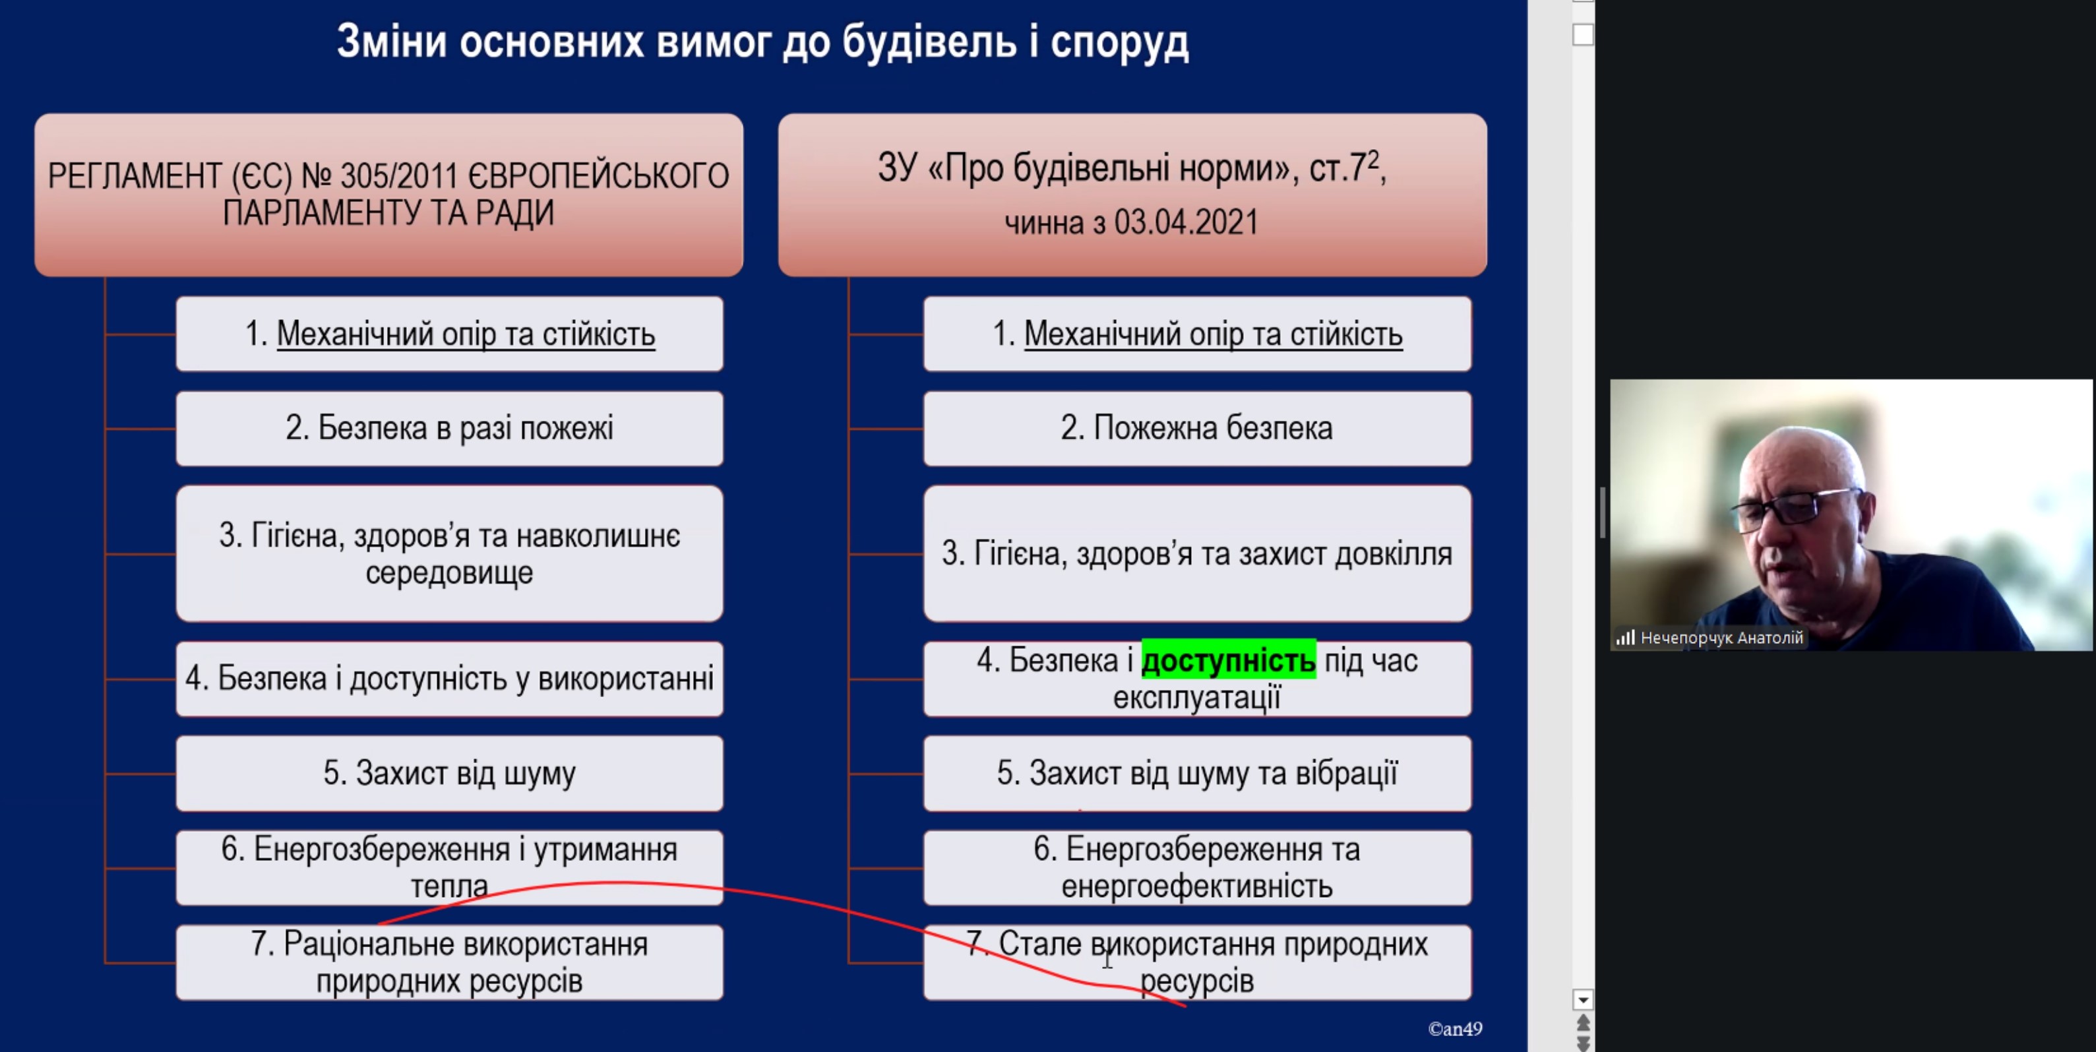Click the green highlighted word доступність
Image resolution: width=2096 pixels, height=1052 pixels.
point(1228,660)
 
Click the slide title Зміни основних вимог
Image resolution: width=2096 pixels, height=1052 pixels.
point(762,42)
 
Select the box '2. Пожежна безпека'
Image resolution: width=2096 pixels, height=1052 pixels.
point(1196,429)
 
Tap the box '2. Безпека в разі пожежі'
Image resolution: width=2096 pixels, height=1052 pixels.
point(449,429)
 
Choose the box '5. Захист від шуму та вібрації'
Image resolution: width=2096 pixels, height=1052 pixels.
point(1196,774)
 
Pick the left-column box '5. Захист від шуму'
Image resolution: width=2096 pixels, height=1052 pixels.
point(449,774)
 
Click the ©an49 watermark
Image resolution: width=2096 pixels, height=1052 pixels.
point(1455,1028)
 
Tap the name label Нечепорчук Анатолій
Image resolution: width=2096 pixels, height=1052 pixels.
point(1721,638)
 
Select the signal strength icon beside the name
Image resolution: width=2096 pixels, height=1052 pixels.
point(1625,638)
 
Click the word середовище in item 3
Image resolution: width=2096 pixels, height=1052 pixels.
point(449,572)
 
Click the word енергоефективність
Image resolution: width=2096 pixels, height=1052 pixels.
point(1196,886)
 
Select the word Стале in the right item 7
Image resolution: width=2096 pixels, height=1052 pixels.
point(1040,944)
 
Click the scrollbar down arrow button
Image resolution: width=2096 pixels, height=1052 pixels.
point(1583,999)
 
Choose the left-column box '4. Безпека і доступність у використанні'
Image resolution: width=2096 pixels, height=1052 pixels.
point(449,679)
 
